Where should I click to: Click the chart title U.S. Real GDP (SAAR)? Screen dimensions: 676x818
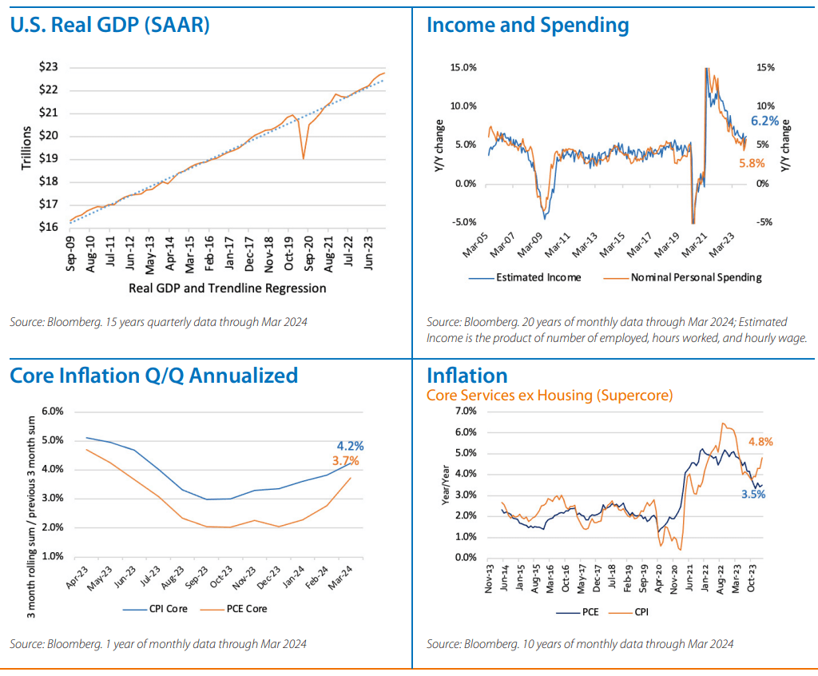(109, 25)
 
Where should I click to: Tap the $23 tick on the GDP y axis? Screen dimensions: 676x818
(48, 67)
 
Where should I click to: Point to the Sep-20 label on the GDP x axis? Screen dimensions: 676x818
(309, 254)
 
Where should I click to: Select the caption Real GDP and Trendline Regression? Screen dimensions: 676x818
(227, 288)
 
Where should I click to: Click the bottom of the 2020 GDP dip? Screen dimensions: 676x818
(304, 157)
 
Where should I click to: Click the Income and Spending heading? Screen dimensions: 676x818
(527, 25)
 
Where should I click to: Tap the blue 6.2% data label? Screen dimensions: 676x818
(764, 121)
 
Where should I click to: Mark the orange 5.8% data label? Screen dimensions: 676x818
(751, 163)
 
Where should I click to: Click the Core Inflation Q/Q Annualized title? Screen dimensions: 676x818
(153, 375)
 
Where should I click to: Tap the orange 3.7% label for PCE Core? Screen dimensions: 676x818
(345, 461)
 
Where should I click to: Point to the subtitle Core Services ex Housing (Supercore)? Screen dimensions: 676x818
(550, 395)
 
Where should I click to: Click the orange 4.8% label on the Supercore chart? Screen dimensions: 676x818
(760, 441)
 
